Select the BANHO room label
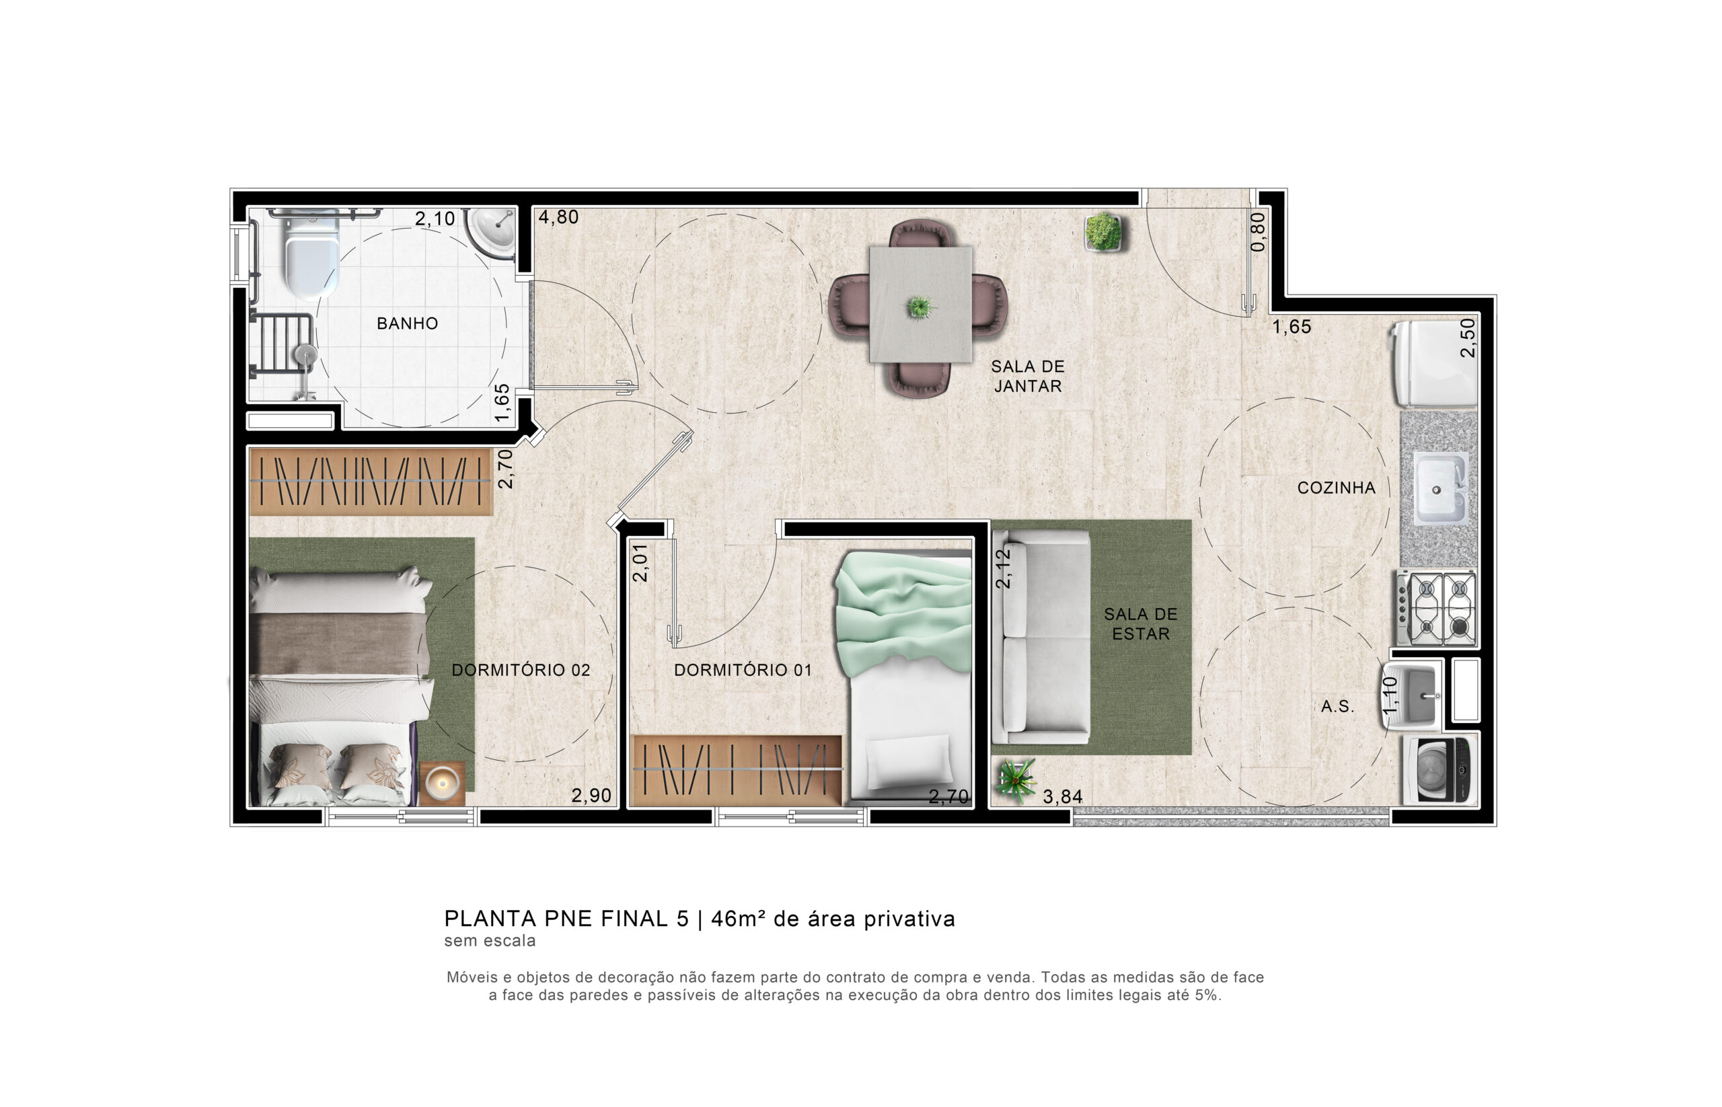click(407, 323)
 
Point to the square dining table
click(920, 305)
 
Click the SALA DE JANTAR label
click(1027, 376)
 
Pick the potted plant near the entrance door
click(1102, 231)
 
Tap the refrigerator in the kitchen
click(1433, 364)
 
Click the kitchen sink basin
click(1440, 489)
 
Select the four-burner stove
click(1437, 608)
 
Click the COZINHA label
click(1336, 488)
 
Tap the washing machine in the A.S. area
click(1439, 770)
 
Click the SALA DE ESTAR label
click(1140, 624)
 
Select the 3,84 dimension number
click(1062, 796)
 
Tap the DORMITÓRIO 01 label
click(743, 670)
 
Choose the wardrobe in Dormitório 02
click(370, 481)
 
